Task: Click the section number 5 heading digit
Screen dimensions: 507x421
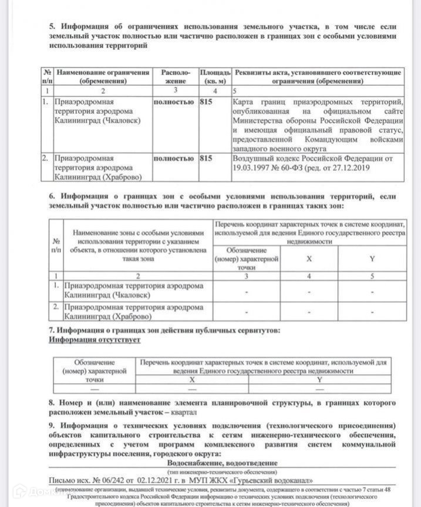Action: (51, 27)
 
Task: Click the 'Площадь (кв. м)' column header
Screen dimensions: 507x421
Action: (215, 76)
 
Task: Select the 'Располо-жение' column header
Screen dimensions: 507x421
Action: (176, 76)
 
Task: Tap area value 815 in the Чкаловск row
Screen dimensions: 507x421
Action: (206, 102)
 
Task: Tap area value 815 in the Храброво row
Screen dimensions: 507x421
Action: (206, 158)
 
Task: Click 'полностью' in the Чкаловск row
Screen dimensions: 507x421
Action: (173, 102)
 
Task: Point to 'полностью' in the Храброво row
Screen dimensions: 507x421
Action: (173, 158)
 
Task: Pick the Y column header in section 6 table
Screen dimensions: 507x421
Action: (372, 258)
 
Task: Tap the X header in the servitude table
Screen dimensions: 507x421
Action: (192, 380)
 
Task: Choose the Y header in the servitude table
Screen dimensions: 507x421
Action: (320, 380)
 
